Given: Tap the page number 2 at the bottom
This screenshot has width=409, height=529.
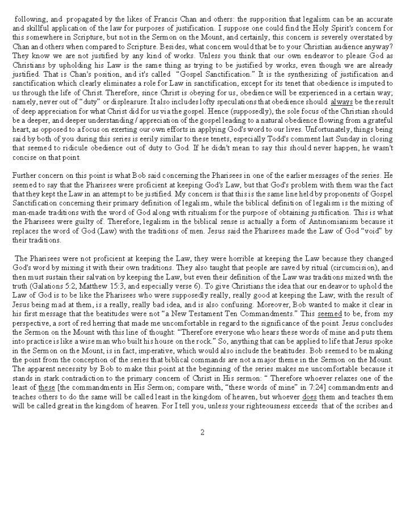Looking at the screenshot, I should [202, 432].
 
